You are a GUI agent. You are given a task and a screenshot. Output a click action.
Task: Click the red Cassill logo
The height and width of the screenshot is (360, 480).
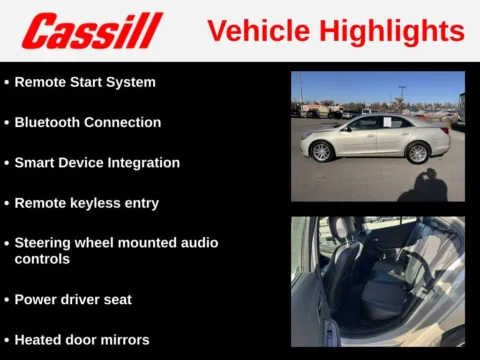(x=92, y=31)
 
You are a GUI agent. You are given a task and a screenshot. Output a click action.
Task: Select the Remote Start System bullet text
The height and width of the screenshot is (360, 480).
(x=85, y=82)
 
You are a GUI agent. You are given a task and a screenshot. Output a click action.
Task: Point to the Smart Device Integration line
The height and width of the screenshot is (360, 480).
(x=97, y=162)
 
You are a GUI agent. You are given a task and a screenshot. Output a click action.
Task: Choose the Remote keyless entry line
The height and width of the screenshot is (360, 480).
(x=86, y=202)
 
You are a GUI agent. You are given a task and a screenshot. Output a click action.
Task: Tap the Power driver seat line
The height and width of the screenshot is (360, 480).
(x=73, y=299)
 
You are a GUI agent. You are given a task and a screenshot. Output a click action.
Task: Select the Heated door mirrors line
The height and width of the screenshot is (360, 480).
(x=82, y=339)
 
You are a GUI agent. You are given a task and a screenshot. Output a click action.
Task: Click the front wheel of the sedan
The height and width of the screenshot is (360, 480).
(x=321, y=152)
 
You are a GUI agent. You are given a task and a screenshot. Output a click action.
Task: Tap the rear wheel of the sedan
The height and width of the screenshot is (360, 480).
(x=417, y=153)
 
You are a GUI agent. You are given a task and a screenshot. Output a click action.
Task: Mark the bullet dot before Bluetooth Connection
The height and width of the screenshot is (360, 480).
(x=6, y=123)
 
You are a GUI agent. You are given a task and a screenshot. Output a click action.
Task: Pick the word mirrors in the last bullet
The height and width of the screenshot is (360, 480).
(x=123, y=339)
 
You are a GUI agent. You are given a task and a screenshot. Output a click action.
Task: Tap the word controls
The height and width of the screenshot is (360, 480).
(x=43, y=258)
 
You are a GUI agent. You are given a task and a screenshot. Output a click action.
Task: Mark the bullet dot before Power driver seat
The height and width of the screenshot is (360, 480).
(x=6, y=300)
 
